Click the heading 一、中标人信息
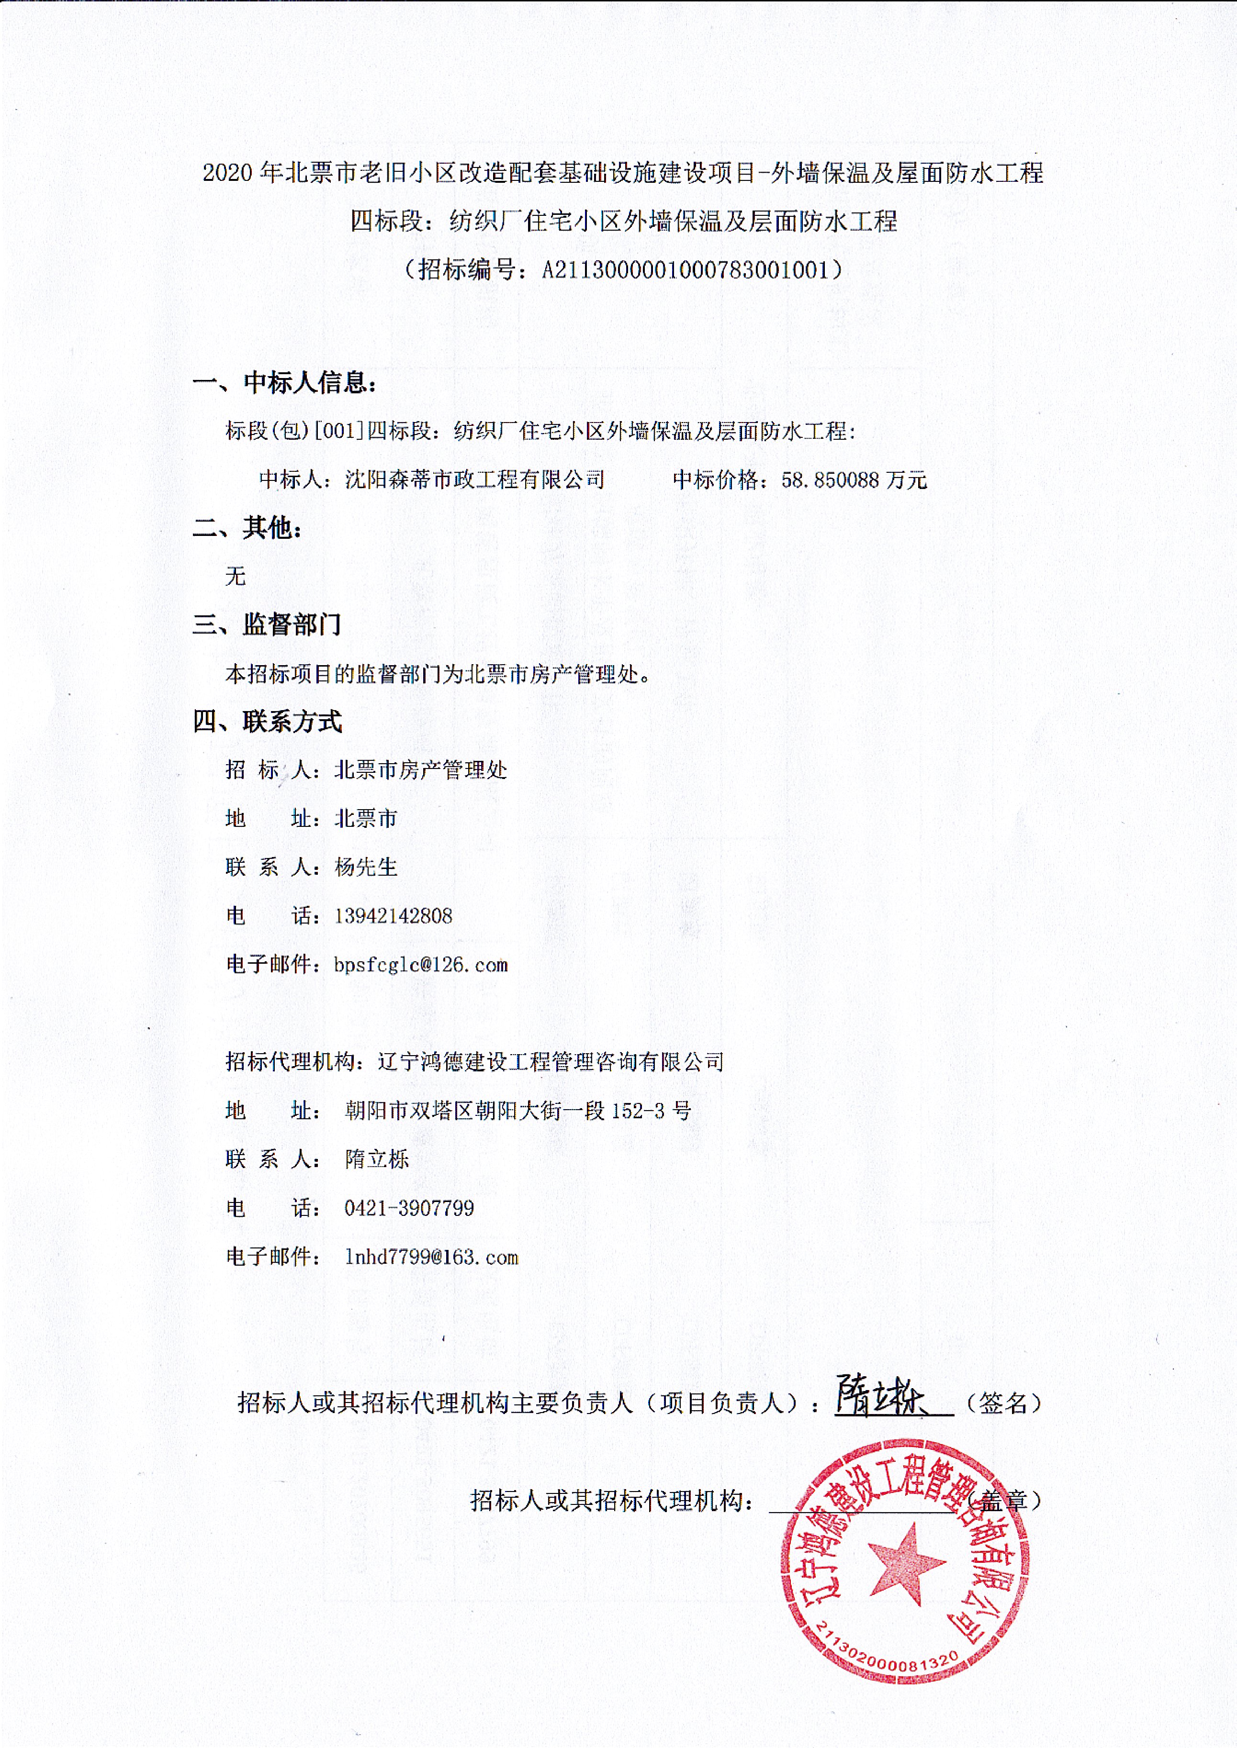(x=284, y=382)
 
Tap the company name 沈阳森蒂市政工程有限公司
(x=474, y=479)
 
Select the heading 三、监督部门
(x=267, y=624)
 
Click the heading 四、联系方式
(x=267, y=721)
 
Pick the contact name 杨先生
(x=366, y=867)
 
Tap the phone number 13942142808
(x=393, y=916)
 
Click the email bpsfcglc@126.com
(x=420, y=965)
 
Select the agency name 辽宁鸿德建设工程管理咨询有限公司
(x=550, y=1062)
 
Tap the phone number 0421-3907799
(x=409, y=1208)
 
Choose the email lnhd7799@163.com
(x=431, y=1257)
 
